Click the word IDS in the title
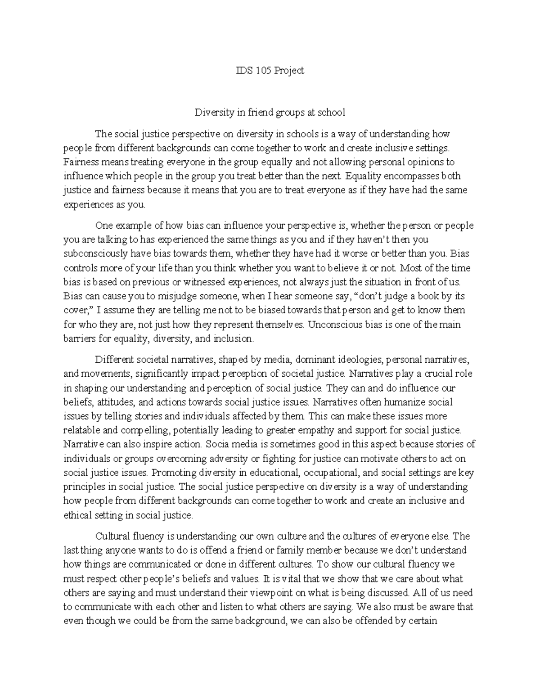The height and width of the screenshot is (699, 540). (244, 70)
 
